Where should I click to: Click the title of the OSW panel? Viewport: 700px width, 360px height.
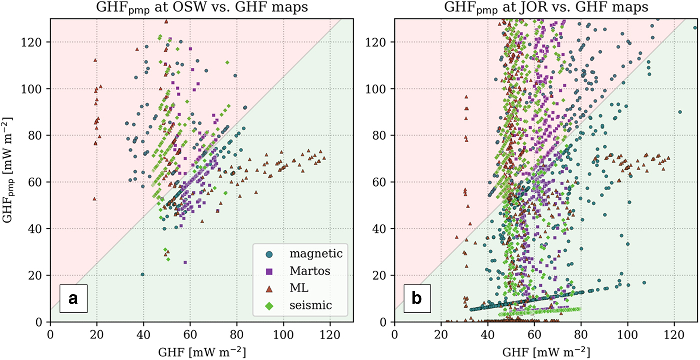click(x=202, y=8)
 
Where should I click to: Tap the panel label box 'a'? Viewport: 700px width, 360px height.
click(x=74, y=298)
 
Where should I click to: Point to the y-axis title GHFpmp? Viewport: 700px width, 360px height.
click(x=10, y=170)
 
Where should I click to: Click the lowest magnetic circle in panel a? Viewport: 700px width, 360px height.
click(x=143, y=274)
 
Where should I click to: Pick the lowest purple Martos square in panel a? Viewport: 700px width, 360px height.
click(x=185, y=262)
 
